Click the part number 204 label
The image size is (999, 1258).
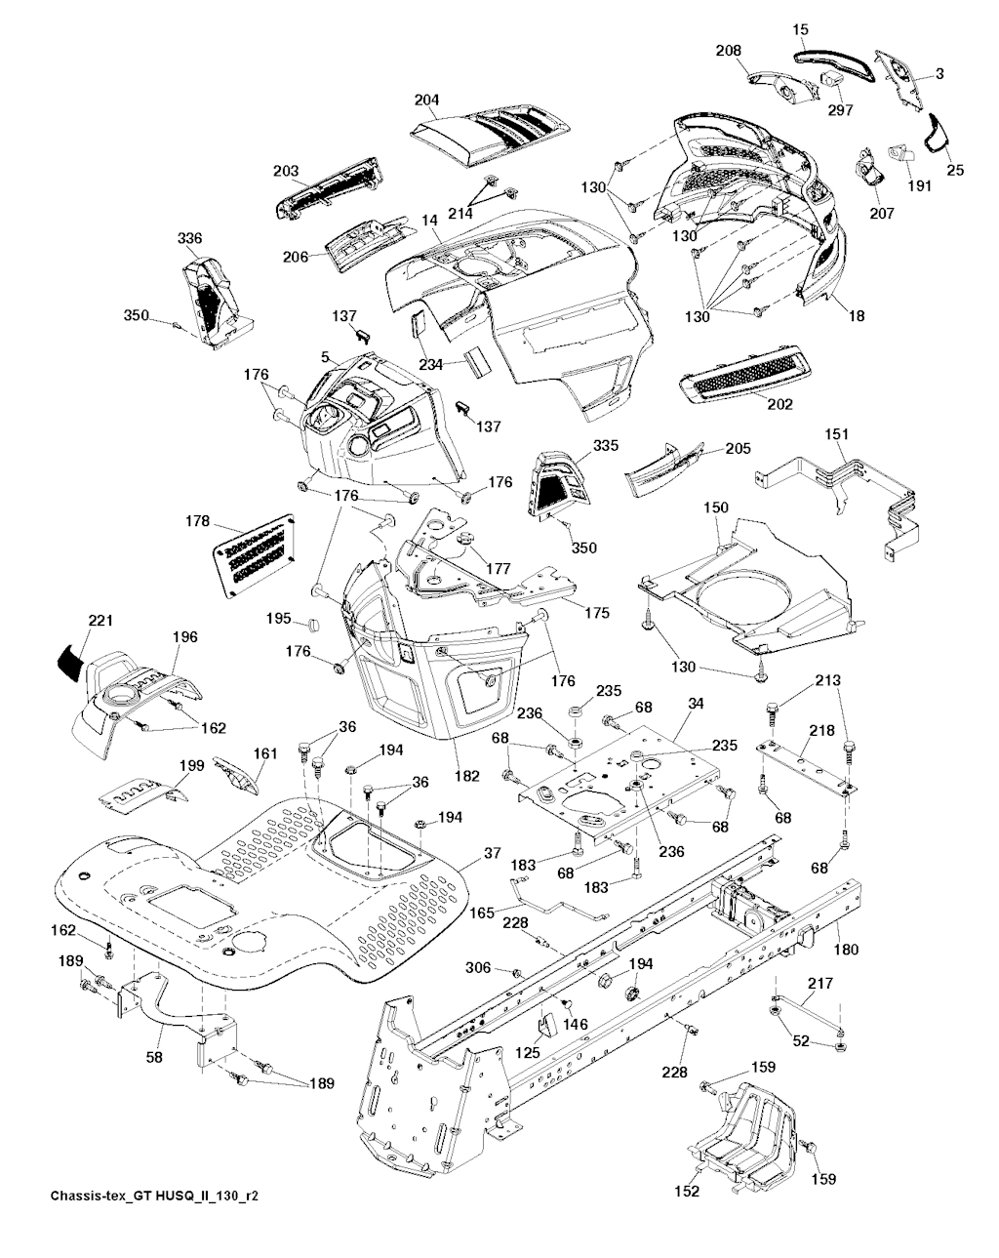(x=426, y=100)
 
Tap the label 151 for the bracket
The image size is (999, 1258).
(x=837, y=434)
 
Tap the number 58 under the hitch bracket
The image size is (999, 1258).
(x=154, y=1055)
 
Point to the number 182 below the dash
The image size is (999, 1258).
(x=468, y=776)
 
